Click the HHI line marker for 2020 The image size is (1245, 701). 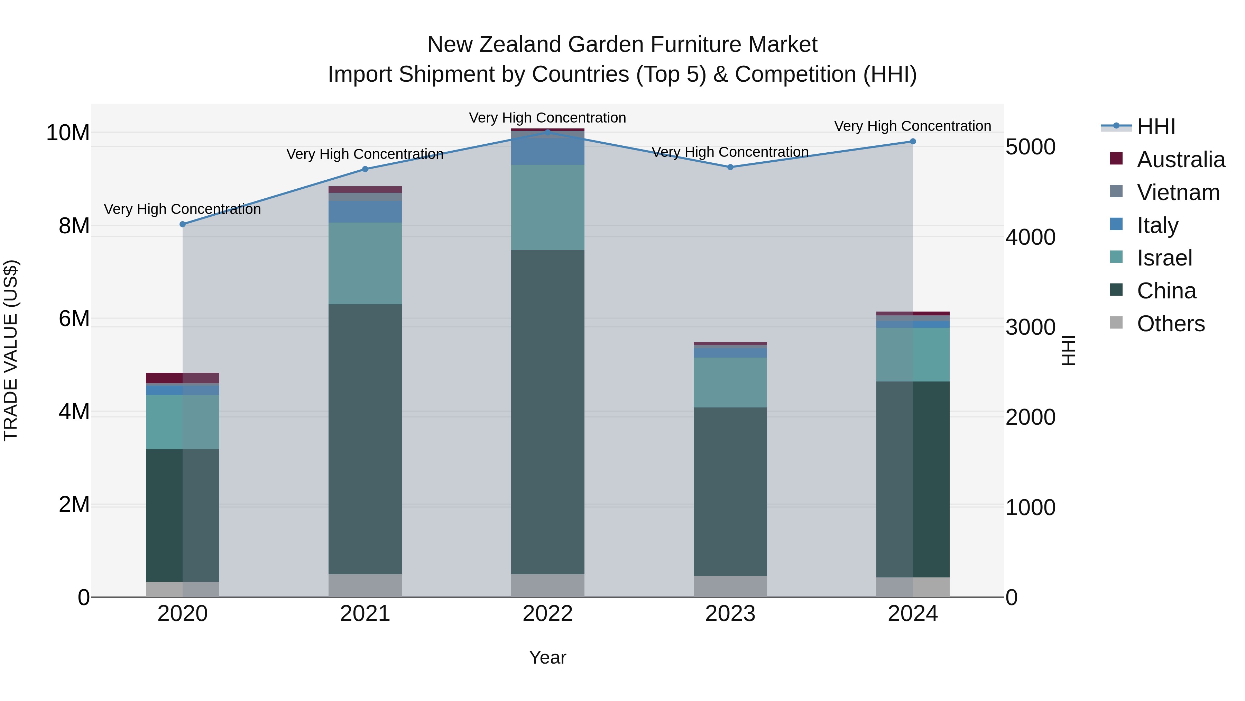click(183, 224)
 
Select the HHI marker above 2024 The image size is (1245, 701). click(913, 141)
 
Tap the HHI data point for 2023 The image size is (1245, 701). click(730, 167)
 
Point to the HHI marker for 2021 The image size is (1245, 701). click(365, 169)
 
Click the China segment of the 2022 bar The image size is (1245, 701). click(547, 412)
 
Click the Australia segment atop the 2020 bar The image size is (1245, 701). click(183, 378)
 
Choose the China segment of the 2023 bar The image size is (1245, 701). click(730, 491)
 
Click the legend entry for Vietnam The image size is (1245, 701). click(1178, 192)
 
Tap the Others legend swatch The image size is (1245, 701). click(1116, 322)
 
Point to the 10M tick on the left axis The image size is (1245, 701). click(68, 133)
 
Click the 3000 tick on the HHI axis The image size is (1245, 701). click(1031, 327)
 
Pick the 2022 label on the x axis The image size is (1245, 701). click(547, 613)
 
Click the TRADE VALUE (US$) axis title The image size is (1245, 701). click(11, 350)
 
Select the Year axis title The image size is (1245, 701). click(547, 657)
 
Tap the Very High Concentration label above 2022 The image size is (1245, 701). click(547, 118)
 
